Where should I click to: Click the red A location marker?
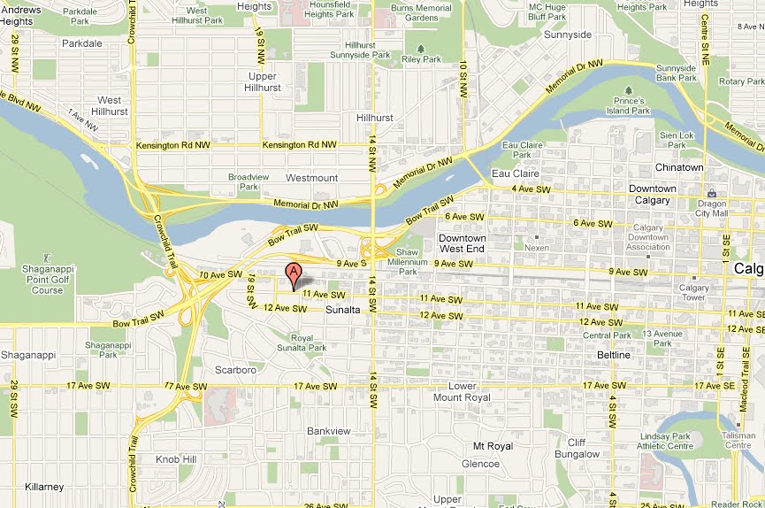pos(293,273)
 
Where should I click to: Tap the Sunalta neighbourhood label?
pos(343,310)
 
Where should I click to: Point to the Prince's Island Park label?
pos(629,106)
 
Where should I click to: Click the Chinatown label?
pos(679,167)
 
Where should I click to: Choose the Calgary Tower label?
pos(694,293)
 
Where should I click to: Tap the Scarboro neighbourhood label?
pos(235,370)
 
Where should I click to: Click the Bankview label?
pos(329,431)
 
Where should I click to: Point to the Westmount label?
pos(312,178)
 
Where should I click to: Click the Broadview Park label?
pos(242,181)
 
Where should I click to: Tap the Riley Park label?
pos(422,59)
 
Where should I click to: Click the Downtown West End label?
pos(463,244)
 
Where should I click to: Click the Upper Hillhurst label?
pos(263,82)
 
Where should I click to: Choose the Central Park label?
pos(607,335)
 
